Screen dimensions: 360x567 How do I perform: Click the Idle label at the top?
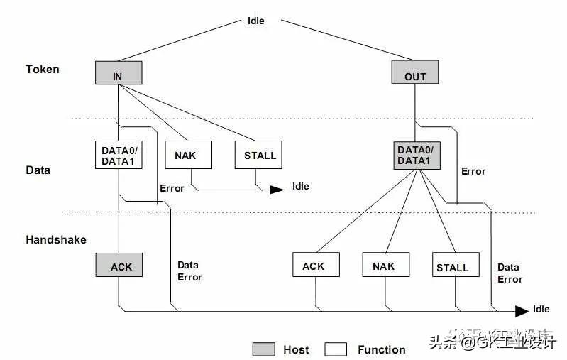[x=255, y=21]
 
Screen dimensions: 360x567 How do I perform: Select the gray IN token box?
[x=119, y=73]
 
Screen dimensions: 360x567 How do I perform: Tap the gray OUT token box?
[x=415, y=73]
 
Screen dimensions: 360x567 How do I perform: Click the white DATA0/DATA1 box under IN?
[x=119, y=155]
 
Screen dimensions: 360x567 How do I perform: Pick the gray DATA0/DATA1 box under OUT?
[x=418, y=155]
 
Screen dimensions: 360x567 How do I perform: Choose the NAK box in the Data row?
[x=189, y=155]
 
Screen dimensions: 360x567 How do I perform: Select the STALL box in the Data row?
[x=258, y=155]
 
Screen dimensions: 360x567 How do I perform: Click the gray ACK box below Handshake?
[x=119, y=266]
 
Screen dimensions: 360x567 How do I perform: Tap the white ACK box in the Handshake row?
[x=316, y=266]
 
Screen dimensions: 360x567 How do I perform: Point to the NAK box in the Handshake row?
[x=385, y=266]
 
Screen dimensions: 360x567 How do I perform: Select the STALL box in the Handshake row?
[x=452, y=266]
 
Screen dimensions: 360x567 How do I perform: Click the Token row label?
[x=43, y=70]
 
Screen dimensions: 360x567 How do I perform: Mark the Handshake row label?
[x=56, y=240]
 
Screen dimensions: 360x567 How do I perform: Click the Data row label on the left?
[x=38, y=170]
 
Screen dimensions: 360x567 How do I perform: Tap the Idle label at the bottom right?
[x=541, y=310]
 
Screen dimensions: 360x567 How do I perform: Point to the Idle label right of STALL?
[x=301, y=187]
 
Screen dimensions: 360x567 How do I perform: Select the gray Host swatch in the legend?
[x=263, y=349]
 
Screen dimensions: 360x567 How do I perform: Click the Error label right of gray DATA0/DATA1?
[x=473, y=171]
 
